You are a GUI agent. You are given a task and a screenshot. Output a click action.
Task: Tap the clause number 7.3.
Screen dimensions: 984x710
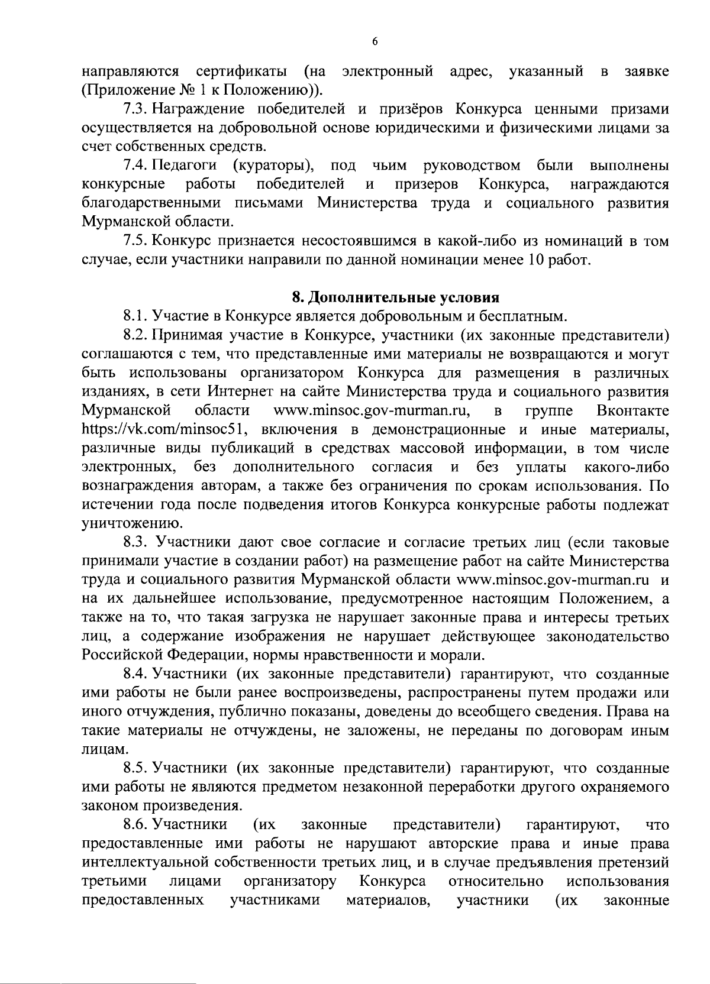point(134,109)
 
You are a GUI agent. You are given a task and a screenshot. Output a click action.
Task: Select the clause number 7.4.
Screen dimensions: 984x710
point(134,166)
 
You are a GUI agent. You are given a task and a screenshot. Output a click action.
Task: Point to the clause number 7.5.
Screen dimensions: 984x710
point(134,241)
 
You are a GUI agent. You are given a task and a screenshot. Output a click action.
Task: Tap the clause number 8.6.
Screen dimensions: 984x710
point(134,824)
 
